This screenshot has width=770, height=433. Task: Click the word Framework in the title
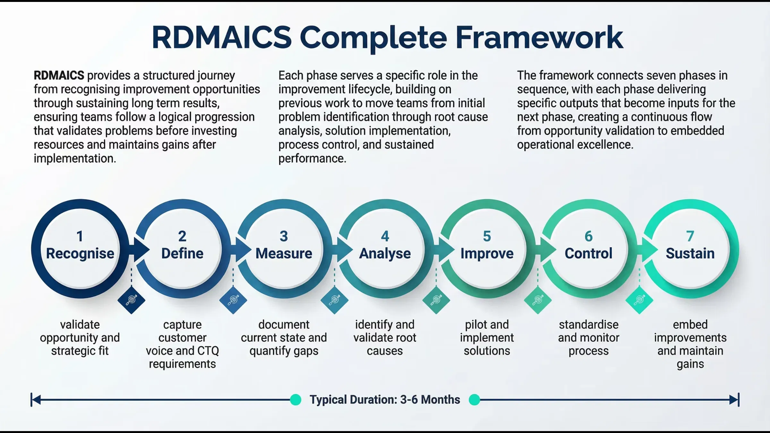coord(539,38)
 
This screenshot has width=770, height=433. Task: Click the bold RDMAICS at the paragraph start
coord(59,76)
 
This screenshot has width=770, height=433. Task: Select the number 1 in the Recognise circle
coord(80,236)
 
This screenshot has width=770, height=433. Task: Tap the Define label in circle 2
coord(182,253)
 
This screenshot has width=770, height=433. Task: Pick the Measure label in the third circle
coord(284,253)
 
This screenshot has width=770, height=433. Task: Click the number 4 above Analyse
coord(385,236)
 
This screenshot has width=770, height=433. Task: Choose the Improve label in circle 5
coord(487,253)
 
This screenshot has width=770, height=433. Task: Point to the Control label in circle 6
coord(588,253)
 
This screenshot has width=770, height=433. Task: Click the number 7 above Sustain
coord(690,236)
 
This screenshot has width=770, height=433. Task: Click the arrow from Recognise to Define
coord(141,250)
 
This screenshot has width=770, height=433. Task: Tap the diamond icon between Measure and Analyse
coord(334,300)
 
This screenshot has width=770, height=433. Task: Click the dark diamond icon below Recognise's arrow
coord(131,300)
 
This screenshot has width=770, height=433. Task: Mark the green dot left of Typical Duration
coord(295,400)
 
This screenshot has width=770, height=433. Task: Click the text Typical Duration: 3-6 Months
coord(385,400)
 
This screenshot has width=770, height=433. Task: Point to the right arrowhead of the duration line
coord(734,400)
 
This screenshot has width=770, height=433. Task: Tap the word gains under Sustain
coord(690,364)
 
